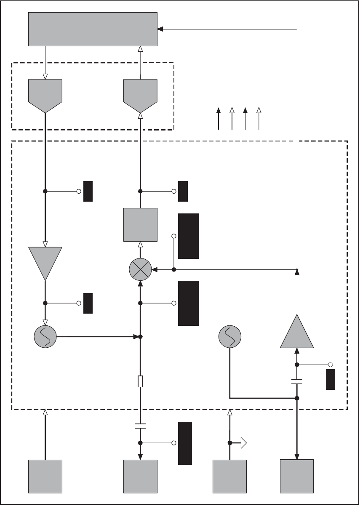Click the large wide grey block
93,29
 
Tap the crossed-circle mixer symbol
140,269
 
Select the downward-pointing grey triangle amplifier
45,261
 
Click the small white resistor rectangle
141,382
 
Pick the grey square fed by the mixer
140,224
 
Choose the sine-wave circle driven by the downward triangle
45,337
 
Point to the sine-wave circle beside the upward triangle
230,337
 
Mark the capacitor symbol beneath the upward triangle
297,382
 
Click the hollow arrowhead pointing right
243,443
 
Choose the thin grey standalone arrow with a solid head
245,119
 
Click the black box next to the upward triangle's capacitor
331,379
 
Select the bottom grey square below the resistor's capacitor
140,476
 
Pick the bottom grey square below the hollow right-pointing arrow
229,476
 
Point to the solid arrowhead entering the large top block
160,29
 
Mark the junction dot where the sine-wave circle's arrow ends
141,337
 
